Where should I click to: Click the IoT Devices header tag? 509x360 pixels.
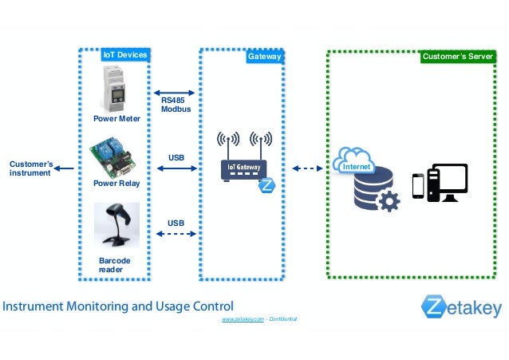pos(125,56)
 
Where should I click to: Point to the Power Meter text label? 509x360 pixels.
pos(116,119)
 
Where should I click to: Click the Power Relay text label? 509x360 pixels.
pos(116,183)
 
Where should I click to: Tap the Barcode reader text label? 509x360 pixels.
pos(114,265)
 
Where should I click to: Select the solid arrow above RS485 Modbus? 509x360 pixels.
pos(175,92)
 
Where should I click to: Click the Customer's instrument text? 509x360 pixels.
pos(30,168)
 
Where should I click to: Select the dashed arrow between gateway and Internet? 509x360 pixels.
pos(306,168)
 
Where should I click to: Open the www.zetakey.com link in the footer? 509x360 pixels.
pos(243,318)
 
